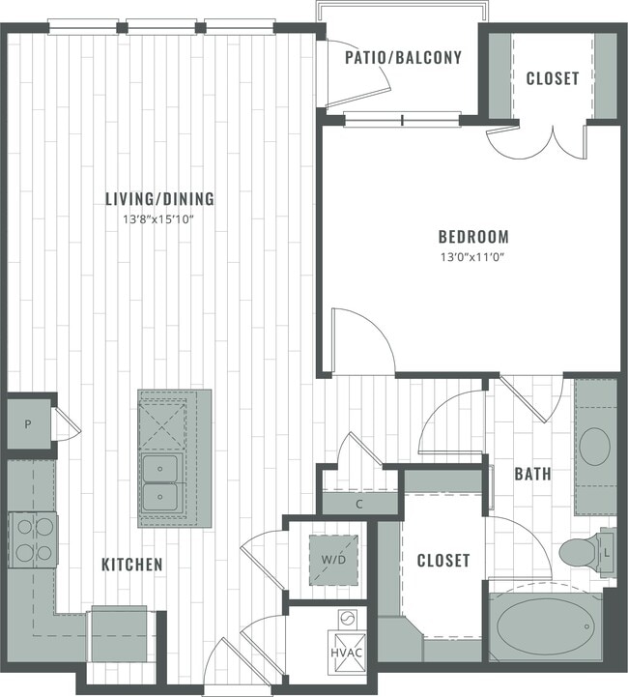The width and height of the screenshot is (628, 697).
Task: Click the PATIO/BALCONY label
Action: pos(403,57)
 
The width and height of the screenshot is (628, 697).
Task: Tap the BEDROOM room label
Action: pos(472,237)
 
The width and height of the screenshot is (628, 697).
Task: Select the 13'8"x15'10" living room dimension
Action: pos(159,219)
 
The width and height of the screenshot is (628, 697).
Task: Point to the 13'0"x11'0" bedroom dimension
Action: pos(472,257)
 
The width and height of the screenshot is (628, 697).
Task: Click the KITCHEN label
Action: pos(133,564)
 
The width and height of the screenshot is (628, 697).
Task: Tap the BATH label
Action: pos(532,475)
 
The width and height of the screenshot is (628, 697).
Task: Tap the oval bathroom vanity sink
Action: pos(593,447)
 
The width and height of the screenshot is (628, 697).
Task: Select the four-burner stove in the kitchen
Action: pos(33,540)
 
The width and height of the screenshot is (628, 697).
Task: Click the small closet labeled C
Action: pos(358,503)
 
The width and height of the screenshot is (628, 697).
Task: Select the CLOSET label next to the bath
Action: pos(442,560)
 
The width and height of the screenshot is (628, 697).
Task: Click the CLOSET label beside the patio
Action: pos(553,78)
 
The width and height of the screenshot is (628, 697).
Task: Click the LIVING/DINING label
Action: pos(159,199)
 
